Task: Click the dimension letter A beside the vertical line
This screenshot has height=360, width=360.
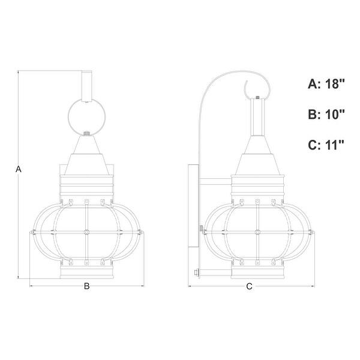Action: (x=19, y=170)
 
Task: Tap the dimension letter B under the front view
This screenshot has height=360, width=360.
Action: (x=86, y=287)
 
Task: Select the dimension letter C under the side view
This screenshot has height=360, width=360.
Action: (x=250, y=287)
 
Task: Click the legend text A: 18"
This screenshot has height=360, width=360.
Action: (x=326, y=84)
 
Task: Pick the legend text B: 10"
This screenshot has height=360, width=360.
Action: (x=326, y=115)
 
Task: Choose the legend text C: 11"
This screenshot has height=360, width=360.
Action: (x=326, y=145)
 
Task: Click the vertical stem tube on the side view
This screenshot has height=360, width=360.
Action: (x=257, y=118)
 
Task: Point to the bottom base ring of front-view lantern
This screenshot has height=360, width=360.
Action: (x=86, y=273)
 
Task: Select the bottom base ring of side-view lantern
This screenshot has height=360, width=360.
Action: (x=257, y=273)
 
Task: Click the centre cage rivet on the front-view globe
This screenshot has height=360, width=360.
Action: (x=86, y=230)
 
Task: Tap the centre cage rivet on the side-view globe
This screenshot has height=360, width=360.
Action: (x=257, y=230)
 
